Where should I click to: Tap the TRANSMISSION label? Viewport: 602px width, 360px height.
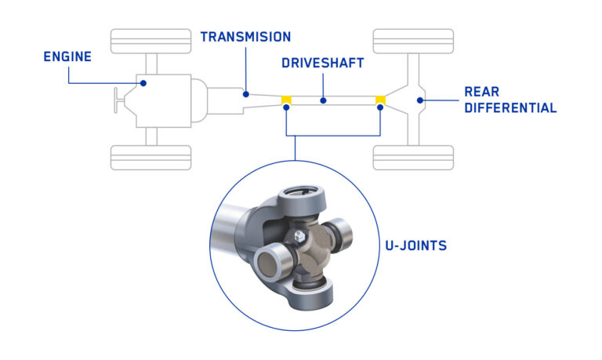coord(245,37)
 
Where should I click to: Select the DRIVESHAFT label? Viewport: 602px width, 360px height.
coord(323,63)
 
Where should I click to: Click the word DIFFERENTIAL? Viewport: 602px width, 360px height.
coord(510,107)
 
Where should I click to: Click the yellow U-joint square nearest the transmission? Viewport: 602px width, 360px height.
coord(287,100)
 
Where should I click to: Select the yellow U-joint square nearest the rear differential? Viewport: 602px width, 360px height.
coord(381,100)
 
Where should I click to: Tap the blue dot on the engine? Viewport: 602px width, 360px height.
coord(143,82)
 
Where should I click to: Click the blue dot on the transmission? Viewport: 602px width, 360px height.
coord(245,94)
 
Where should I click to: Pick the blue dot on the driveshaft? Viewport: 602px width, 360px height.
coord(323,100)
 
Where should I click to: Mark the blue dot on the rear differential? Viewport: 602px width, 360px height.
coord(421,100)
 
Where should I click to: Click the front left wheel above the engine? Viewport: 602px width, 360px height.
coord(151,41)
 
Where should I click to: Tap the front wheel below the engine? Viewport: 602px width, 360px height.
coord(151,158)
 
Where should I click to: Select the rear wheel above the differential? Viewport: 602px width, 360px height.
coord(413,41)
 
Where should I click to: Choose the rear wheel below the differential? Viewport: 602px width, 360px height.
coord(413,158)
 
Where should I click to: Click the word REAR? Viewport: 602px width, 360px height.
coord(481,91)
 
